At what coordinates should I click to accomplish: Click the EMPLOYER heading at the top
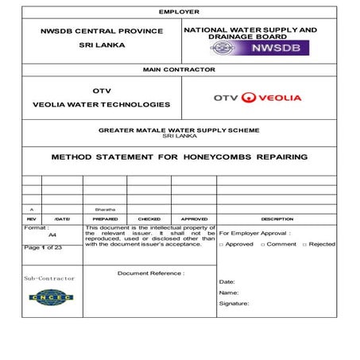[180, 12]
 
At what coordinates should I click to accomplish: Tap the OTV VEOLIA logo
[257, 98]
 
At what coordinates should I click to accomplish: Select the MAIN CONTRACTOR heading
[179, 70]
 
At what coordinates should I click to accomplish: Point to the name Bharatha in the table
[105, 209]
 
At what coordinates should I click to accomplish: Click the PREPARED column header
[105, 219]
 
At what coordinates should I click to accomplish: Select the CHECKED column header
[149, 219]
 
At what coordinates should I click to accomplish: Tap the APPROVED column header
[194, 219]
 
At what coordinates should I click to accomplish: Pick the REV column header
[32, 219]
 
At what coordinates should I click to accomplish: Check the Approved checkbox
[222, 245]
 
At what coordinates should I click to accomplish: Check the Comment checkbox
[263, 245]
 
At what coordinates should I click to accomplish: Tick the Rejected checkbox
[305, 245]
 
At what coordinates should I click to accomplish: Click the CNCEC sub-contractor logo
[50, 298]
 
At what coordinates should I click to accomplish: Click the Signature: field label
[234, 303]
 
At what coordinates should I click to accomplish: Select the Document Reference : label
[151, 273]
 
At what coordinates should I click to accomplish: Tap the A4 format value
[52, 235]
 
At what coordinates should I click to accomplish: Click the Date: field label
[227, 281]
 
